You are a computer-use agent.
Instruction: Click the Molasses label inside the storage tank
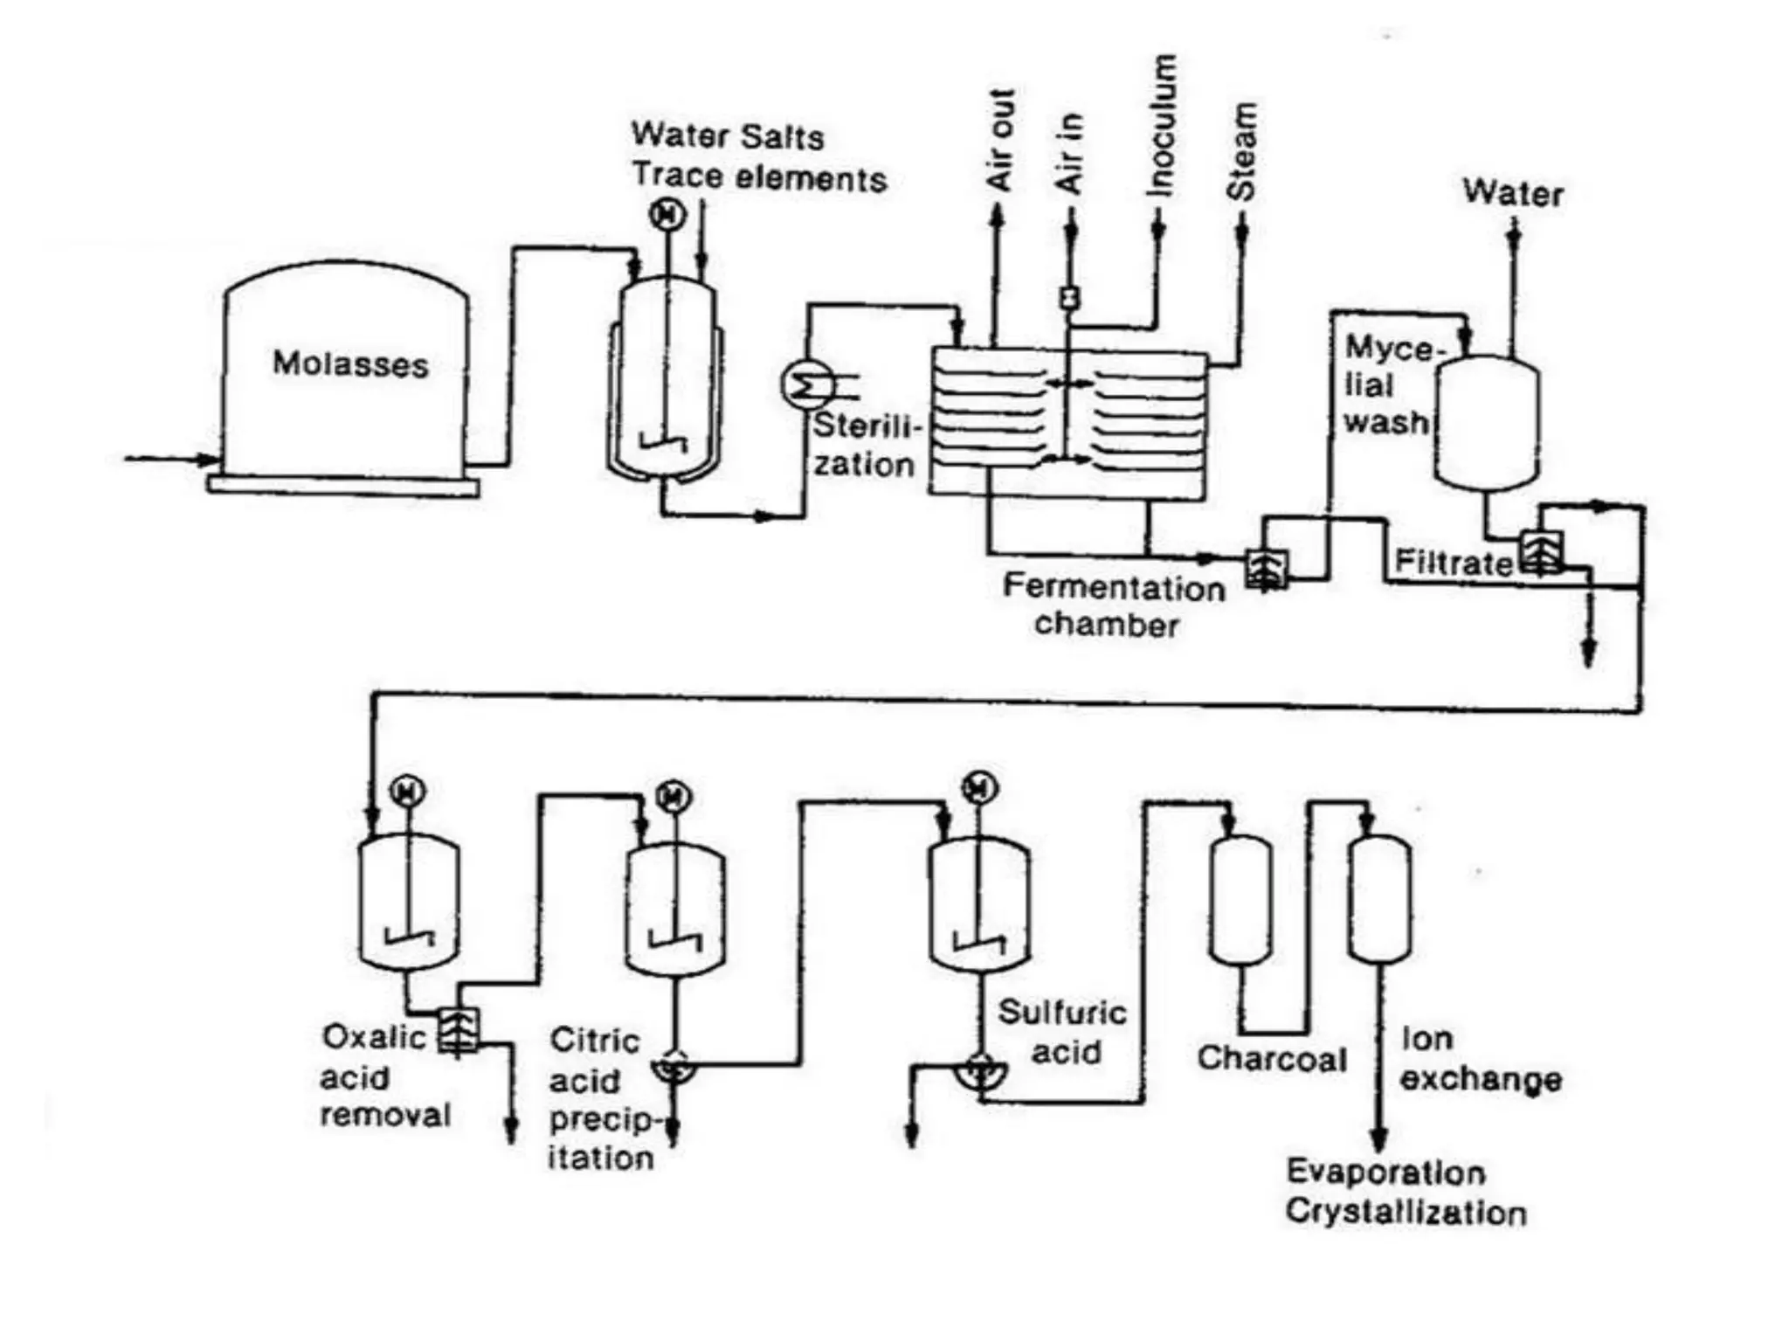[x=350, y=364]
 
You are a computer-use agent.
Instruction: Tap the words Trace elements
[x=759, y=177]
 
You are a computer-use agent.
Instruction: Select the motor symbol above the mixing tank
[x=668, y=214]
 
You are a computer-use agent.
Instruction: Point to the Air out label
[x=1000, y=140]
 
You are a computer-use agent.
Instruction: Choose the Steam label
[x=1242, y=151]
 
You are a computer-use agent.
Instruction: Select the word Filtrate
[x=1453, y=563]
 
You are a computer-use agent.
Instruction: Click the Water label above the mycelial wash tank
[x=1513, y=193]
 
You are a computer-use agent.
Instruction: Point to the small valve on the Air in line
[x=1069, y=298]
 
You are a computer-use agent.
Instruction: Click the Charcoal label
[x=1271, y=1058]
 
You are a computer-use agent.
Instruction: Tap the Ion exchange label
[x=1480, y=1059]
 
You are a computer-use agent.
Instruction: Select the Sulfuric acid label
[x=1063, y=1032]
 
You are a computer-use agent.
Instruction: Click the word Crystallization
[x=1406, y=1213]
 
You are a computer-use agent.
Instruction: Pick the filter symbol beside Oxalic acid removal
[x=459, y=1031]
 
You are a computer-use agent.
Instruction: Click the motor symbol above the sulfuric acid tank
[x=979, y=788]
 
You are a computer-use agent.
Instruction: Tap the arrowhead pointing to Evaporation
[x=1378, y=1139]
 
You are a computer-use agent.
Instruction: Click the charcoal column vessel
[x=1240, y=900]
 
